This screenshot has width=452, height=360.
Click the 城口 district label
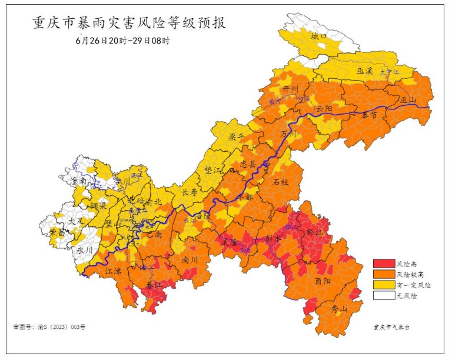click(x=318, y=36)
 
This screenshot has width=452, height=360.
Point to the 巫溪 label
click(x=365, y=71)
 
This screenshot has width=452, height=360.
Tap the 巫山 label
click(x=407, y=99)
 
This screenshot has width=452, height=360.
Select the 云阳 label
click(x=323, y=109)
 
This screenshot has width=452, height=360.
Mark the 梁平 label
click(x=237, y=137)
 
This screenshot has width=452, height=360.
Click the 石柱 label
click(x=281, y=182)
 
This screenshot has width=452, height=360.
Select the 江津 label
click(x=114, y=272)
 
